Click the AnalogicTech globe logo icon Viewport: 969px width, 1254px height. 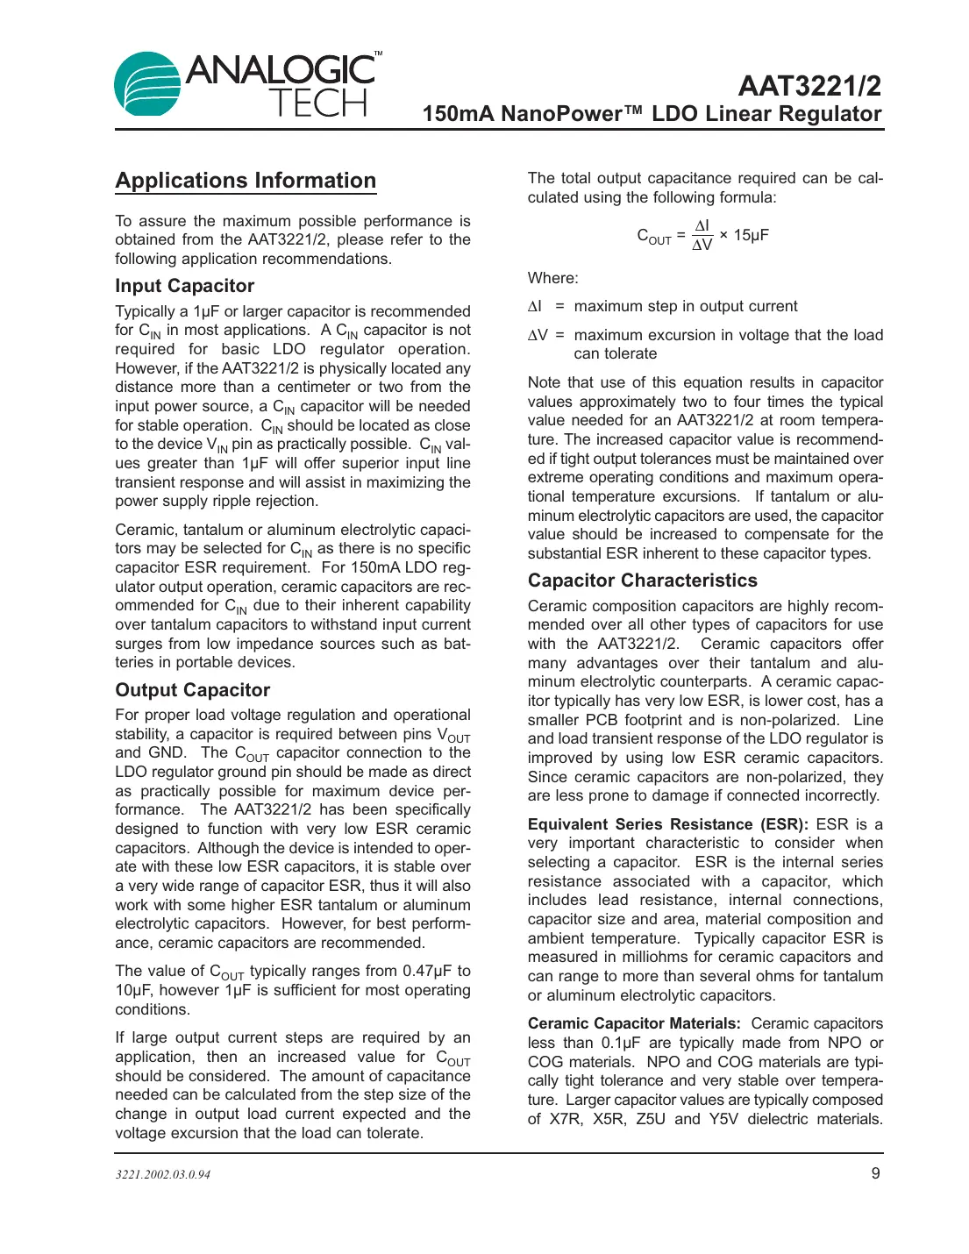coord(147,85)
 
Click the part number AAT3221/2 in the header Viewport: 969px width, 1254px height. coord(809,86)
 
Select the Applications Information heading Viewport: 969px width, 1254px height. coord(246,181)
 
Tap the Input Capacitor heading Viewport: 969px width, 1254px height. coord(184,286)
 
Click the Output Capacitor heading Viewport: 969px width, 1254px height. coord(192,690)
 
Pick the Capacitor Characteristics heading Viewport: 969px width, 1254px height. coord(642,581)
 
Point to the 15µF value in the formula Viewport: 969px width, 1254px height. coord(751,235)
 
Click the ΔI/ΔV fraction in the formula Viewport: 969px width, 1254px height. coord(702,235)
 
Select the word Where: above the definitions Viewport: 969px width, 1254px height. coord(552,278)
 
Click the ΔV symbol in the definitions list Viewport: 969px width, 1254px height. coord(538,335)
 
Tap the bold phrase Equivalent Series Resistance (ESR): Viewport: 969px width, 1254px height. coord(667,824)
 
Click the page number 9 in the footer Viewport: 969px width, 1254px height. coord(875,1173)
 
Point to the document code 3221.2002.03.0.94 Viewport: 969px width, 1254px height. coord(163,1174)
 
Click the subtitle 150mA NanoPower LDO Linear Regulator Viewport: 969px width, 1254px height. coord(652,114)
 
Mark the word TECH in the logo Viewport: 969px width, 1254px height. coord(317,104)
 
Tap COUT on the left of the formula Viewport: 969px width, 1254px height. coord(653,236)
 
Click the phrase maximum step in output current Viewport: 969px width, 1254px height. coord(685,306)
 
